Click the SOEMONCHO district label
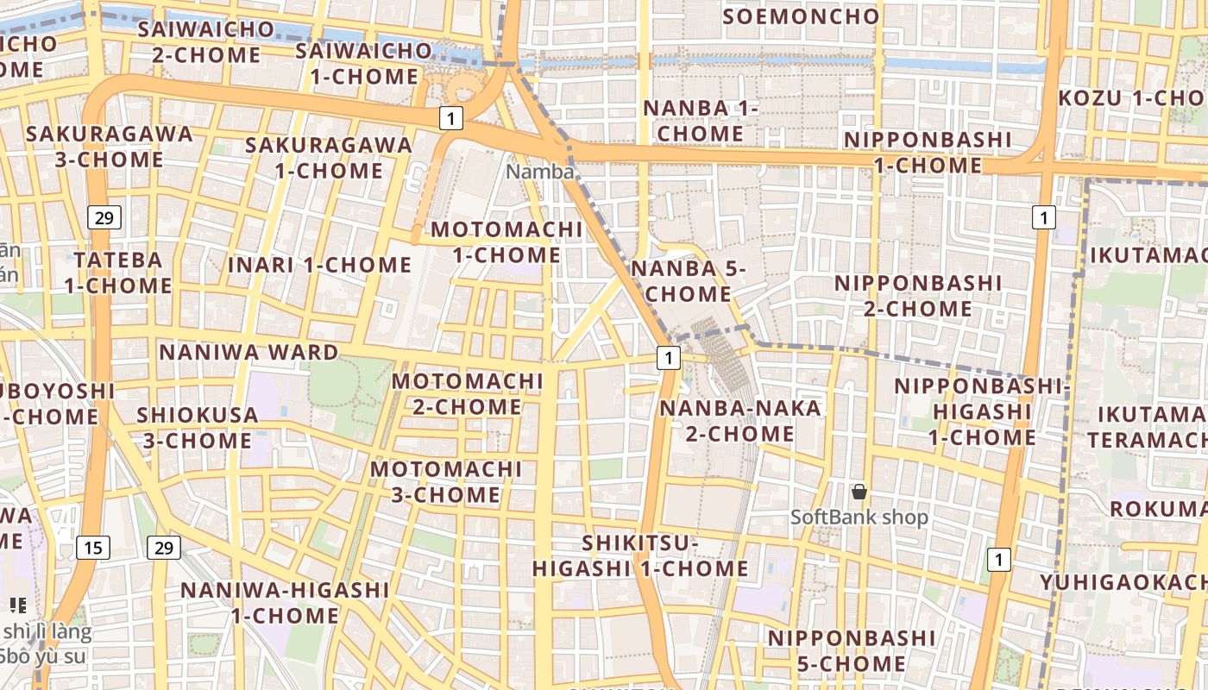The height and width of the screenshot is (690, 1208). [x=801, y=16]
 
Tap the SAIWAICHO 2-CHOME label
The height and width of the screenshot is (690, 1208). [x=205, y=41]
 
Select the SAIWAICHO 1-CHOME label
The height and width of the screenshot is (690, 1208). [x=363, y=63]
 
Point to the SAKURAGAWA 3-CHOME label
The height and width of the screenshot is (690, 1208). [x=109, y=147]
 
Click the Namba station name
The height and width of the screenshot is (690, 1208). [x=539, y=172]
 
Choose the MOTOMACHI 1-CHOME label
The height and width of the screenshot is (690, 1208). [x=506, y=242]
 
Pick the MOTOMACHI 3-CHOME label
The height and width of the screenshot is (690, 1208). [x=445, y=482]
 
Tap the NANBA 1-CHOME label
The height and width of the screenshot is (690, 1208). [x=701, y=121]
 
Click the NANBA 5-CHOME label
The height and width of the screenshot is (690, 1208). [x=688, y=280]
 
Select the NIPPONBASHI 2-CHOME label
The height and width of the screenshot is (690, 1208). [x=917, y=296]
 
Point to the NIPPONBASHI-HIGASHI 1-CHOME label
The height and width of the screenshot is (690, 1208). [x=982, y=411]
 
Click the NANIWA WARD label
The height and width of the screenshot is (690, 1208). [x=249, y=352]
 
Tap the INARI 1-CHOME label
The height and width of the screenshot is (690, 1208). [x=319, y=265]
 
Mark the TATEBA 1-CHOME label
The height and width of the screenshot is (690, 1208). [x=117, y=273]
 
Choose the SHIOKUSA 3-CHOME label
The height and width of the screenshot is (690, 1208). [x=197, y=428]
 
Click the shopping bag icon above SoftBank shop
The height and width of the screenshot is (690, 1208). [x=859, y=492]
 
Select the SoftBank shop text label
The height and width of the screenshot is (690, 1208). [x=859, y=517]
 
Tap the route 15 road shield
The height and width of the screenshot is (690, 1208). [x=93, y=547]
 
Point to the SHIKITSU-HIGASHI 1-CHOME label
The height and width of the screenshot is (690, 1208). [x=639, y=555]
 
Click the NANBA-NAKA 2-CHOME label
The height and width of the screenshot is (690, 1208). [x=740, y=420]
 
